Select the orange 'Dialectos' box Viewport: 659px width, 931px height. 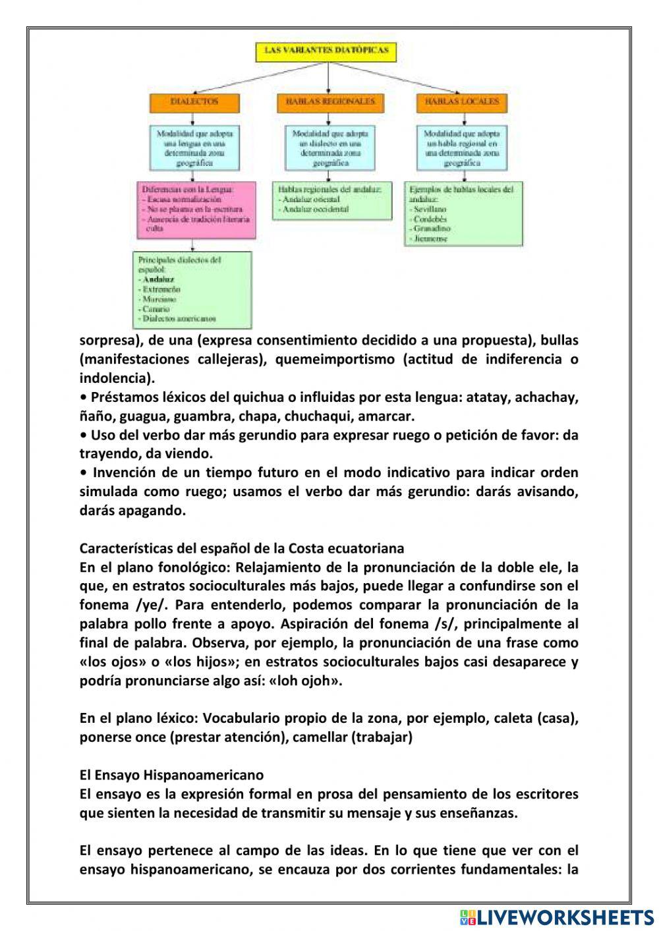pos(194,102)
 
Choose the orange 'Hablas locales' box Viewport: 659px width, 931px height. pos(462,102)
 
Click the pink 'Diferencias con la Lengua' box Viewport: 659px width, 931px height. pos(196,210)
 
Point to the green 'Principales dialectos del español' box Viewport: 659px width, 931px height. pos(192,289)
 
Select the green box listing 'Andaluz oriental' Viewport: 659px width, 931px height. pos(332,200)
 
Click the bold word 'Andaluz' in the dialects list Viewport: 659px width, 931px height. pos(158,279)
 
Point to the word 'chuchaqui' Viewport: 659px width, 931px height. pos(324,416)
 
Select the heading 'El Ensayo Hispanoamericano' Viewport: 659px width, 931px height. pos(171,775)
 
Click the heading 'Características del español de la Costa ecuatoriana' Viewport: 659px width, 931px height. pos(242,548)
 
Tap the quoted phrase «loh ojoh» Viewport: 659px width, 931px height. pos(306,681)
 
